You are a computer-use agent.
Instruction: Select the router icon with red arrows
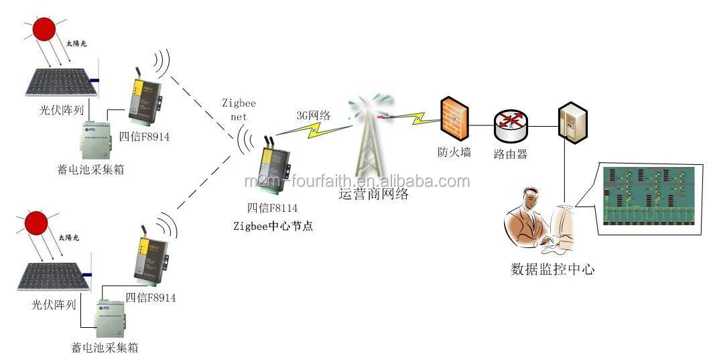pyautogui.click(x=511, y=123)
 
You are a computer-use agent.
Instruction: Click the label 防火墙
pyautogui.click(x=454, y=152)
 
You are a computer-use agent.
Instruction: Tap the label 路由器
pyautogui.click(x=511, y=154)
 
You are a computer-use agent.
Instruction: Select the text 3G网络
pyautogui.click(x=313, y=115)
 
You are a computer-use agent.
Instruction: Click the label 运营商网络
pyautogui.click(x=373, y=195)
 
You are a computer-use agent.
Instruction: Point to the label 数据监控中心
pyautogui.click(x=553, y=269)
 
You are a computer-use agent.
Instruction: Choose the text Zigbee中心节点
pyautogui.click(x=273, y=225)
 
